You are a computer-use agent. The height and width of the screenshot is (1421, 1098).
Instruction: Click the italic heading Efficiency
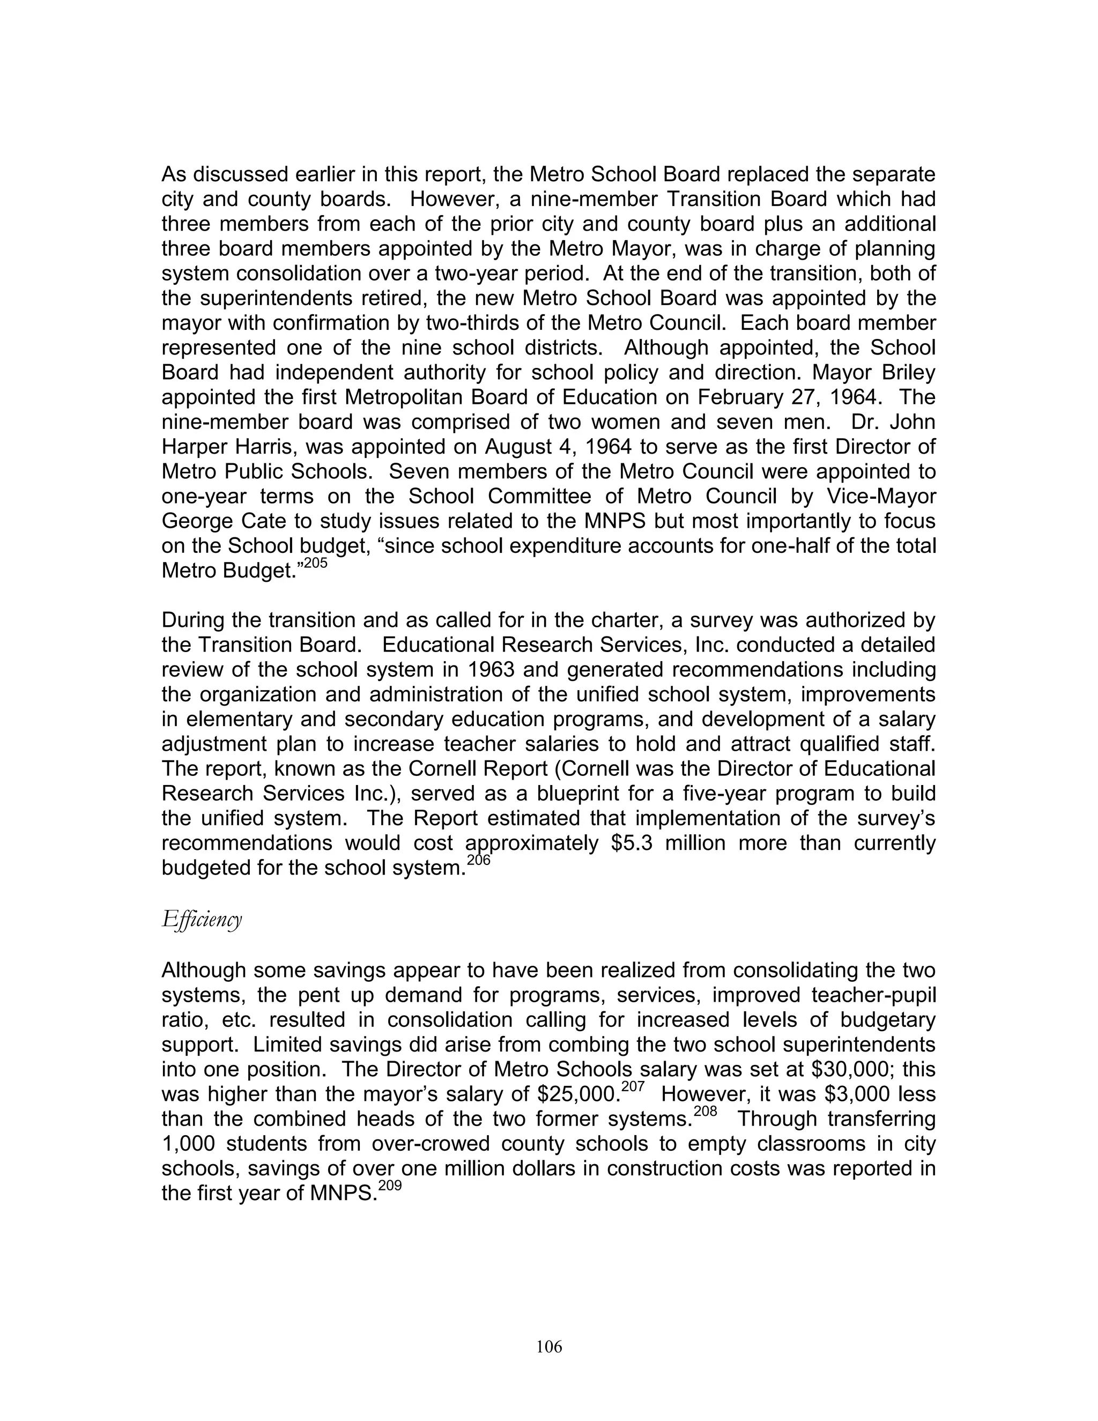click(x=202, y=919)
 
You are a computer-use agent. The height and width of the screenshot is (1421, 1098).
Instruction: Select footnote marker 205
click(x=315, y=564)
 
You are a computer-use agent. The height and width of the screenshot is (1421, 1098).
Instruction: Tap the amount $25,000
click(x=577, y=1094)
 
